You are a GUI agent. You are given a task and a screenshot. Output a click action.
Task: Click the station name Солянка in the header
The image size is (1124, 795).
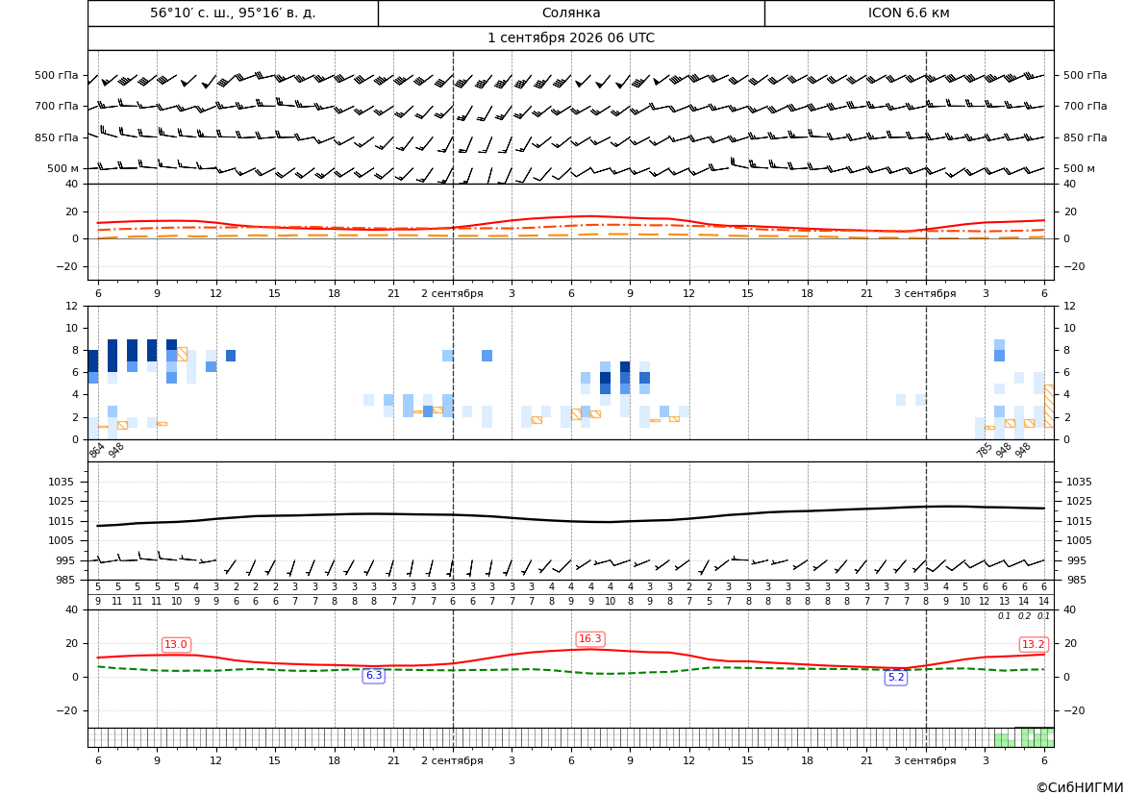click(x=571, y=12)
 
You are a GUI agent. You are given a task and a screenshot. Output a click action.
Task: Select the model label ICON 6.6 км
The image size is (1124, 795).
click(x=909, y=12)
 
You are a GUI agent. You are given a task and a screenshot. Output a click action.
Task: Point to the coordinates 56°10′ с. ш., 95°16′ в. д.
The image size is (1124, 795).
click(x=233, y=12)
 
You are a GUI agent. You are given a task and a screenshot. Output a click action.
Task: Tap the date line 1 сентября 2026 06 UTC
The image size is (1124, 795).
click(x=571, y=38)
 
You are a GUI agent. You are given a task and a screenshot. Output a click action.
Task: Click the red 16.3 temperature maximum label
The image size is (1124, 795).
click(x=590, y=638)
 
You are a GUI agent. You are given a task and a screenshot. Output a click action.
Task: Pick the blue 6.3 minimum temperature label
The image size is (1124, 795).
click(x=374, y=675)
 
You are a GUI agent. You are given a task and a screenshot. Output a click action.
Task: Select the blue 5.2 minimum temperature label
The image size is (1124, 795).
click(x=896, y=678)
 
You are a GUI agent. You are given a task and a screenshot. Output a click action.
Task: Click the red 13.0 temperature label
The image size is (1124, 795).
click(x=176, y=644)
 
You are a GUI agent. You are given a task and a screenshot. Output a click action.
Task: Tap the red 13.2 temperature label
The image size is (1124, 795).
click(x=1033, y=644)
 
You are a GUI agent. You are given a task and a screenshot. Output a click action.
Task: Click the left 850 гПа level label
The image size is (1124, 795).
click(x=57, y=137)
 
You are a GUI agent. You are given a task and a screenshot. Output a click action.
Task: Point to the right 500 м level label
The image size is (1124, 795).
click(x=1079, y=168)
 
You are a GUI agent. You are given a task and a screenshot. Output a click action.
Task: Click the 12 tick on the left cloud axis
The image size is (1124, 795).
click(x=72, y=306)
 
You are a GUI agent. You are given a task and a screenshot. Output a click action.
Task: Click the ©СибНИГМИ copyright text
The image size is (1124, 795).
click(x=1080, y=788)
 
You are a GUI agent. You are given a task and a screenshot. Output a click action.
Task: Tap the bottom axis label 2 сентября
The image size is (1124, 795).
click(x=452, y=760)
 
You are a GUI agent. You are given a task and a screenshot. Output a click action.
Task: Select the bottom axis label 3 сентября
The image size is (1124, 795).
click(x=925, y=760)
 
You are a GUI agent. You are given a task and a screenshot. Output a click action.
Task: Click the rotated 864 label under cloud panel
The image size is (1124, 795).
click(x=97, y=450)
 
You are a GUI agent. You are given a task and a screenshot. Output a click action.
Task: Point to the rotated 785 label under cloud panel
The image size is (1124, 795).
click(x=985, y=450)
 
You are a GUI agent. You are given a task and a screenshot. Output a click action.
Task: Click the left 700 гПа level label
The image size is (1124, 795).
click(x=57, y=106)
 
